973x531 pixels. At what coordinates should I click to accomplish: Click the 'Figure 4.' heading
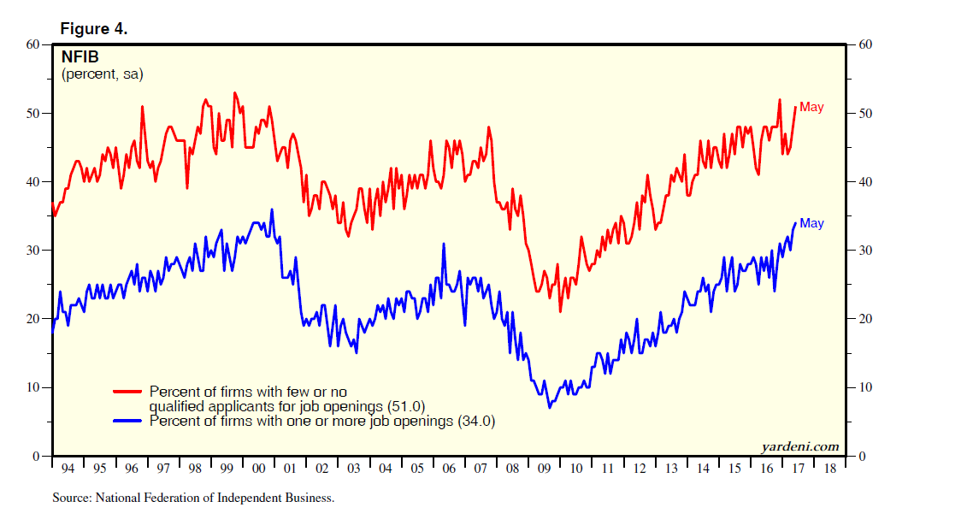tap(93, 29)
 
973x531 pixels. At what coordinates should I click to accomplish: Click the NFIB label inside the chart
tap(81, 58)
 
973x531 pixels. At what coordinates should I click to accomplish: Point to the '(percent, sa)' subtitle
tap(102, 74)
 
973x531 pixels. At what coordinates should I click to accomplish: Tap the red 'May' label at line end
tap(811, 108)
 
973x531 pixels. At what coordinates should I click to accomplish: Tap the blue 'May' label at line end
tap(811, 223)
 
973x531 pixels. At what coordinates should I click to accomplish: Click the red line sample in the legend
tap(128, 392)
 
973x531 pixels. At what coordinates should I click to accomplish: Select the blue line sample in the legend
tap(128, 421)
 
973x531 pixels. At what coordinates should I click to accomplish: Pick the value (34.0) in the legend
tap(477, 421)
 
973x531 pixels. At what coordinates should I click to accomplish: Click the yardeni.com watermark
tap(799, 446)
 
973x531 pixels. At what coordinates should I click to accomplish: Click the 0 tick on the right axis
tap(862, 456)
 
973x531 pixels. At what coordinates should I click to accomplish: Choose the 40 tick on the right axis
tap(864, 182)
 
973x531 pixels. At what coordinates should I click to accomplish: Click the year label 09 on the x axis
tap(544, 469)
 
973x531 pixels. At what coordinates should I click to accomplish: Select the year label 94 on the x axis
tap(68, 469)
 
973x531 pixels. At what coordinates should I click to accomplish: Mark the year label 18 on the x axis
tap(829, 469)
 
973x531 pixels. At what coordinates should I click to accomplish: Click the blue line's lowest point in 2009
tap(550, 407)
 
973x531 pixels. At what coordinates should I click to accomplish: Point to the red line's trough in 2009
tap(560, 311)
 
